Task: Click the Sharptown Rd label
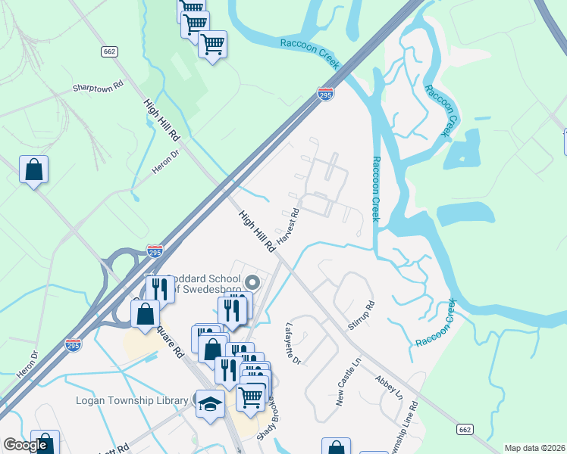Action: coord(98,87)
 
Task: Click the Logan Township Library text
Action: coord(132,400)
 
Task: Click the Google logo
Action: coord(24,445)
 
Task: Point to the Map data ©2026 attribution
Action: coord(534,448)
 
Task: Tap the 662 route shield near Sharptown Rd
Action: coord(109,51)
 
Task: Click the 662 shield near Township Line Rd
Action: coord(466,429)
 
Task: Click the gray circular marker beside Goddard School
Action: coord(253,284)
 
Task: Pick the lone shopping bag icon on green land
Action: coord(34,169)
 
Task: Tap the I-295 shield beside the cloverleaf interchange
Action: coord(154,249)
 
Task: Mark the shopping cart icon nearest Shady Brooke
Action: coord(250,396)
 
